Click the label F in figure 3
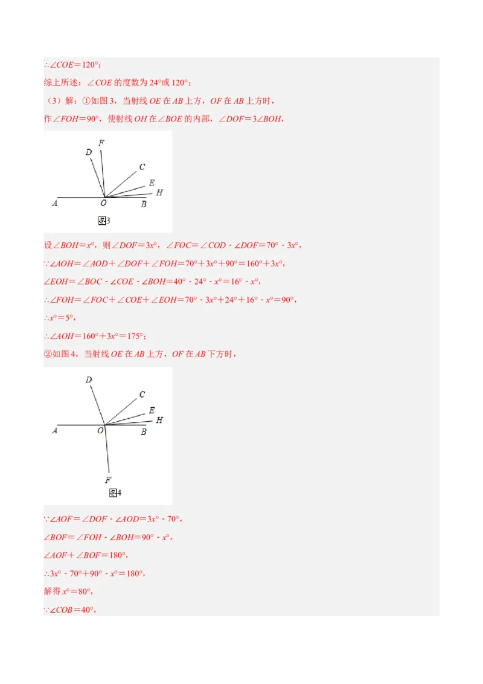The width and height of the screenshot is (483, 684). coord(101,143)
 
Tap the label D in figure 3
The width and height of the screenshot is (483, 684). coord(89,153)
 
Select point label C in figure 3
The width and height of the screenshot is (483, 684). coord(142,167)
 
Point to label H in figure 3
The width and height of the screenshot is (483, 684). coord(159,193)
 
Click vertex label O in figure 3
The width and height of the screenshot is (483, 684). coord(104,204)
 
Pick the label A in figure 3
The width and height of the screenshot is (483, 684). coord(55,204)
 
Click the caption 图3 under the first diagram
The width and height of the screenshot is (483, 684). coord(104,221)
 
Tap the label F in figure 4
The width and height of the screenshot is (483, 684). coord(108,480)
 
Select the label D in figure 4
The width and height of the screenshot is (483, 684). coord(89,380)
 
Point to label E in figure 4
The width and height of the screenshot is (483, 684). coord(152,411)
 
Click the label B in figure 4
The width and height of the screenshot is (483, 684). coord(144,431)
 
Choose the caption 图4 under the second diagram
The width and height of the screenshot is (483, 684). coord(115,493)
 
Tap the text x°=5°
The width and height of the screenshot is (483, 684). coord(60,318)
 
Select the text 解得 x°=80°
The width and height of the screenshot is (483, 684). coord(68,592)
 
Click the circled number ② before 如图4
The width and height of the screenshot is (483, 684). coord(48,354)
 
